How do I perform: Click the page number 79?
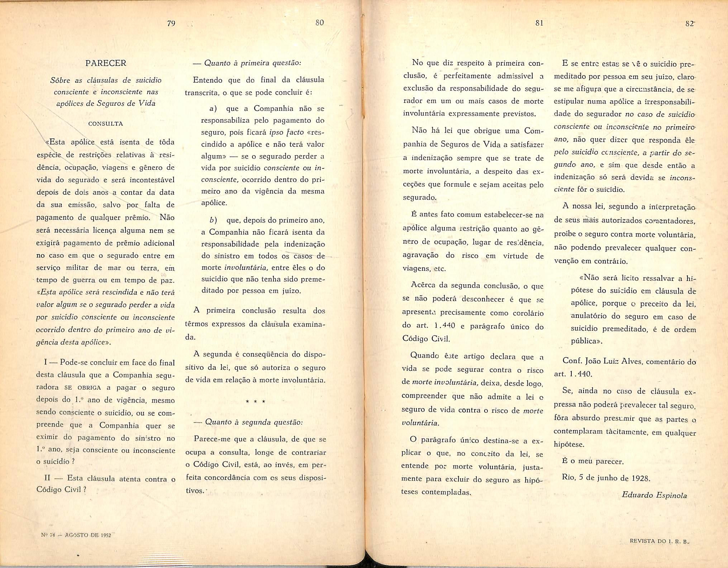coord(171,23)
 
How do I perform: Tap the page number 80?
coord(319,23)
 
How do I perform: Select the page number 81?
coord(539,23)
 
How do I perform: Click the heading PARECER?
coord(106,63)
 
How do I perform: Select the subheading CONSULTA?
coord(106,124)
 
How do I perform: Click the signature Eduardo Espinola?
coord(654,495)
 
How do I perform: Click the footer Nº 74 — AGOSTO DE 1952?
coord(76,535)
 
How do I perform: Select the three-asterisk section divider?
coord(255,402)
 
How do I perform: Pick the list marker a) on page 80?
coord(213,109)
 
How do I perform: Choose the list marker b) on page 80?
coord(213,220)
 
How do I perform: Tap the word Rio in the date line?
coord(569,478)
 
